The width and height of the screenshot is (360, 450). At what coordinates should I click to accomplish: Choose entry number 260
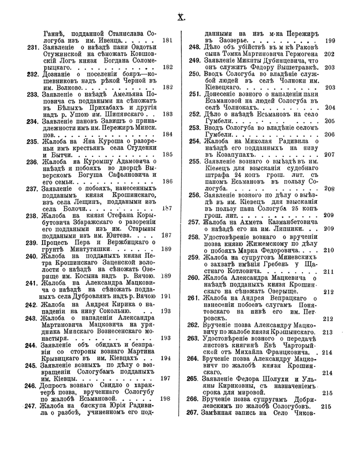[x=194, y=278]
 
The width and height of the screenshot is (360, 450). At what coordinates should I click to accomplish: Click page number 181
[x=168, y=40]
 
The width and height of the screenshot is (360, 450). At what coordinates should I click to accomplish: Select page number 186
[x=168, y=181]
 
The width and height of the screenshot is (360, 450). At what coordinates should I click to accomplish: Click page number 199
[x=330, y=40]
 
